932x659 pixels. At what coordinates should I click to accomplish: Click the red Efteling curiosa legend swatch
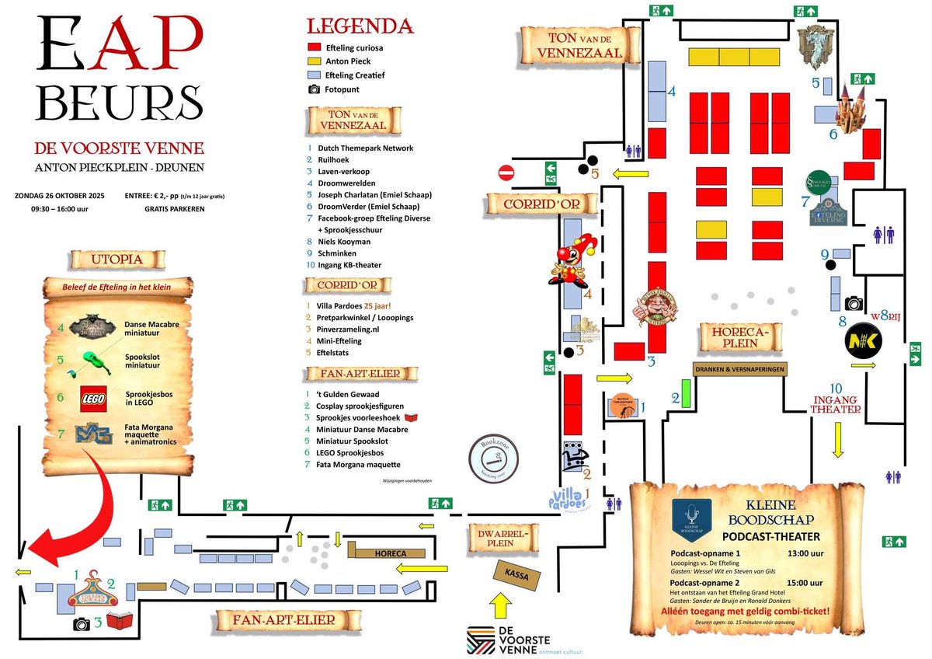point(314,47)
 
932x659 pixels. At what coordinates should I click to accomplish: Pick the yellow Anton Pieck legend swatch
point(314,61)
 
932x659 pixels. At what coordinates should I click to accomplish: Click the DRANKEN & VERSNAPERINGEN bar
point(739,368)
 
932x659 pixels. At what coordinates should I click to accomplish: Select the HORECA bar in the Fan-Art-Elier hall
point(387,553)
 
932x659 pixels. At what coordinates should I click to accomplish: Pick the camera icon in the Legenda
point(314,89)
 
